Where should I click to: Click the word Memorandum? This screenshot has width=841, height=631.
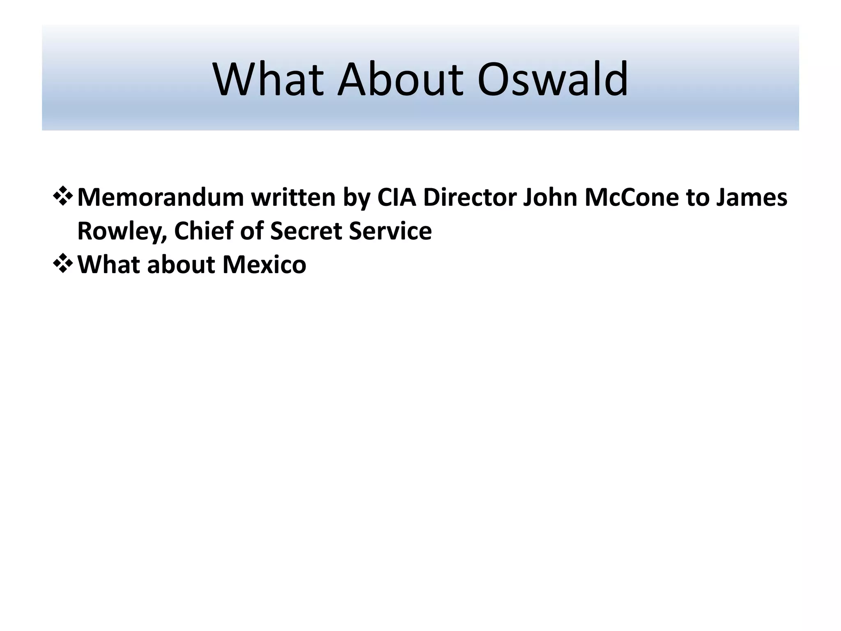point(160,198)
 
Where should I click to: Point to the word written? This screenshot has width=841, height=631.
point(293,198)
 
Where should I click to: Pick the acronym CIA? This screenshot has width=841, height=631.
point(397,198)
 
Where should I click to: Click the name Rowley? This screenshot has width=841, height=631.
point(122,231)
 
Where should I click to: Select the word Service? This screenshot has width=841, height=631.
point(390,230)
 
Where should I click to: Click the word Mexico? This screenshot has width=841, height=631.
point(264,264)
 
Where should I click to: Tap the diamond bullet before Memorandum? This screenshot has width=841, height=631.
point(63,196)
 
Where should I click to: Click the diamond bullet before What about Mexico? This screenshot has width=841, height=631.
point(63,263)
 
